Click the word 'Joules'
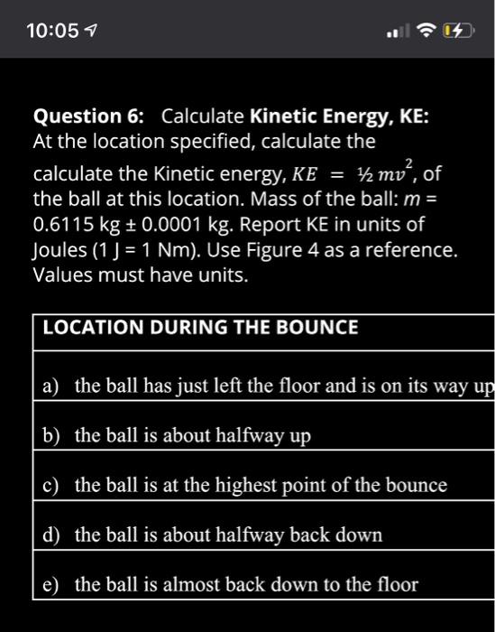60,248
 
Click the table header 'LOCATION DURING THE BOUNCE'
200,328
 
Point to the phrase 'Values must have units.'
140,274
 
